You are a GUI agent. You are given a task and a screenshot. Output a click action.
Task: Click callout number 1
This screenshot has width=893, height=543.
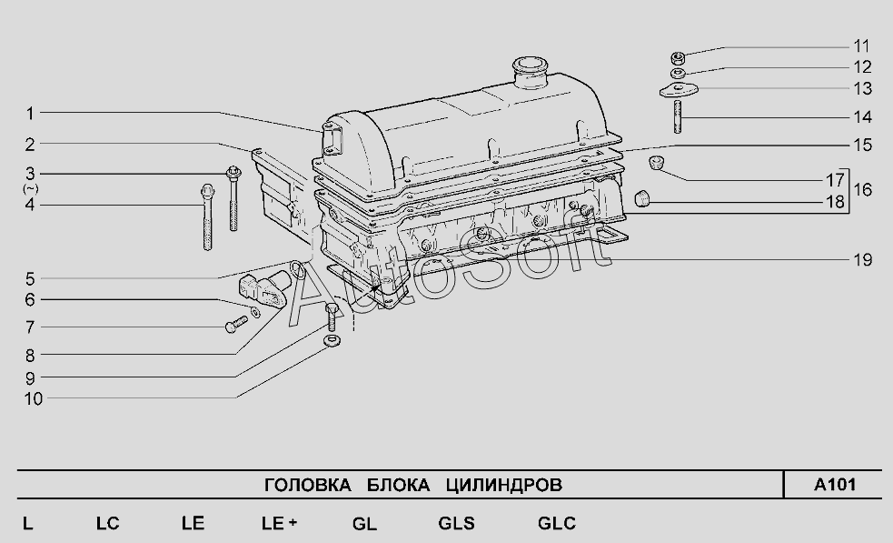(x=30, y=114)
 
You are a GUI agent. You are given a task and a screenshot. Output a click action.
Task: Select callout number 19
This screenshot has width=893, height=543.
(x=863, y=260)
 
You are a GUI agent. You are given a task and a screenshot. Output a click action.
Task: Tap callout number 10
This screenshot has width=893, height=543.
(x=34, y=398)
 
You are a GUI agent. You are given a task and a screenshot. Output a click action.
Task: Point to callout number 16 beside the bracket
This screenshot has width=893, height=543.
(x=863, y=189)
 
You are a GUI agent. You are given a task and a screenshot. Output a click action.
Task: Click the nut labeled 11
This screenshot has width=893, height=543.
(x=677, y=57)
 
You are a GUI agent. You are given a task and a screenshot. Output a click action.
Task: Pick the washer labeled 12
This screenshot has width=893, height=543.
(x=677, y=73)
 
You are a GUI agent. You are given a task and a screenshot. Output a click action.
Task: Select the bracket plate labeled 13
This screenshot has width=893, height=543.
(x=679, y=90)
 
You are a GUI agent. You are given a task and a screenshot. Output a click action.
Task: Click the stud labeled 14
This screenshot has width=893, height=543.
(x=678, y=117)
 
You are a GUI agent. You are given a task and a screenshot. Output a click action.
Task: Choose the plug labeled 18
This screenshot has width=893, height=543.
(x=642, y=198)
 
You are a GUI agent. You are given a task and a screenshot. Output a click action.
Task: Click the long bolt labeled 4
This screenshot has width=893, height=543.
(x=208, y=216)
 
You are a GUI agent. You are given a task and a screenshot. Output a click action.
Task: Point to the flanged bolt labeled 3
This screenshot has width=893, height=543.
(x=233, y=198)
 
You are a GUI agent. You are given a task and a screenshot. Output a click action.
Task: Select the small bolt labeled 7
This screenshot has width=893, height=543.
(x=236, y=324)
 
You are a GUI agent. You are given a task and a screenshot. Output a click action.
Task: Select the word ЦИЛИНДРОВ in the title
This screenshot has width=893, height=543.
(x=504, y=485)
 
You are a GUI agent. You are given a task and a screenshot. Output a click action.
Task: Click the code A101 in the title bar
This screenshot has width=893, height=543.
(x=834, y=485)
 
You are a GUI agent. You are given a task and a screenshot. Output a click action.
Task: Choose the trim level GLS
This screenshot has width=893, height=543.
(x=456, y=523)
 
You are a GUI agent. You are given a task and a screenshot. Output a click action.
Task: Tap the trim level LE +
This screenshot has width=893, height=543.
(x=279, y=523)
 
